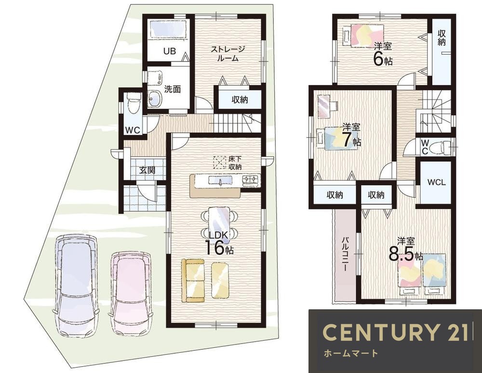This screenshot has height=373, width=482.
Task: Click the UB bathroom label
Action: pos(169,51)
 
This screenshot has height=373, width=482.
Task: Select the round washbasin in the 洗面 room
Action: pos(154,98)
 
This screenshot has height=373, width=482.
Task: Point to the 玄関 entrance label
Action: pos(147,170)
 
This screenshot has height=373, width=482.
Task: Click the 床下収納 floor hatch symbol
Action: pos(220,163)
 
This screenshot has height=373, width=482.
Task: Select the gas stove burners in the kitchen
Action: pos(251,180)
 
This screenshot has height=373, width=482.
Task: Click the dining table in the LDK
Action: pos(219,222)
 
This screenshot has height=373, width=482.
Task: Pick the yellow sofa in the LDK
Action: pos(193,280)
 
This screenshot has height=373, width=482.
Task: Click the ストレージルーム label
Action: pos(228,54)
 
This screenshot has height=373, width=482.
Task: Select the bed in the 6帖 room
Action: pos(363,36)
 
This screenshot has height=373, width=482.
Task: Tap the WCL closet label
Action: pos(436,182)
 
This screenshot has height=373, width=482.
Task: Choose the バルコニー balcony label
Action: pos(346,254)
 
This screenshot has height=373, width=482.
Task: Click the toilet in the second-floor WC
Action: pos(441,147)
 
